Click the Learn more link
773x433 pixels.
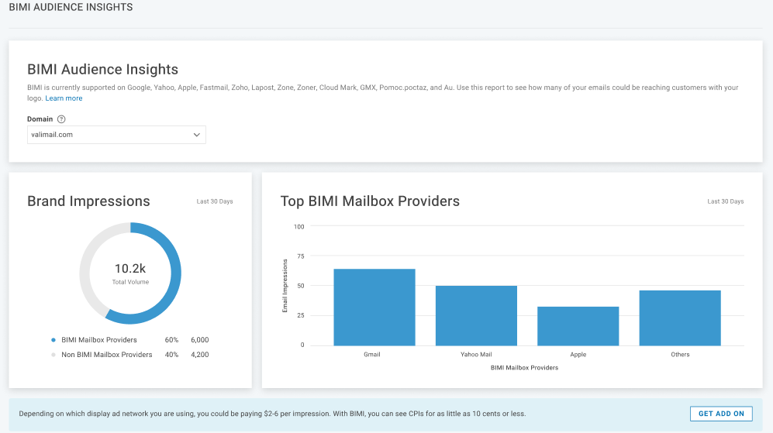click(64, 98)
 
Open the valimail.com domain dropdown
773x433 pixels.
click(116, 135)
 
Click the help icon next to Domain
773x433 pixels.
click(61, 119)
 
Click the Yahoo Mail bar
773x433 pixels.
click(476, 315)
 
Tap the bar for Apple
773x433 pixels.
click(578, 326)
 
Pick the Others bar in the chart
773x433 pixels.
click(680, 318)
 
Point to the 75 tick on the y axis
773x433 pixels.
click(299, 256)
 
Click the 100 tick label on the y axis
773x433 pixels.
click(299, 227)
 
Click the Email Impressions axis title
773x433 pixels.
click(285, 286)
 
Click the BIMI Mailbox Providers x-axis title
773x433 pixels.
click(524, 368)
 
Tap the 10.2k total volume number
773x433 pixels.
click(130, 269)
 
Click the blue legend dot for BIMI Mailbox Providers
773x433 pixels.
click(53, 340)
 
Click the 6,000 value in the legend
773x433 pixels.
click(199, 340)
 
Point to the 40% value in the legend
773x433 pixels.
click(171, 355)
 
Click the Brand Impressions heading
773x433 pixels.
click(88, 201)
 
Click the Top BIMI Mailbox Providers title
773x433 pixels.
click(370, 201)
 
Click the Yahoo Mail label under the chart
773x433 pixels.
click(476, 355)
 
